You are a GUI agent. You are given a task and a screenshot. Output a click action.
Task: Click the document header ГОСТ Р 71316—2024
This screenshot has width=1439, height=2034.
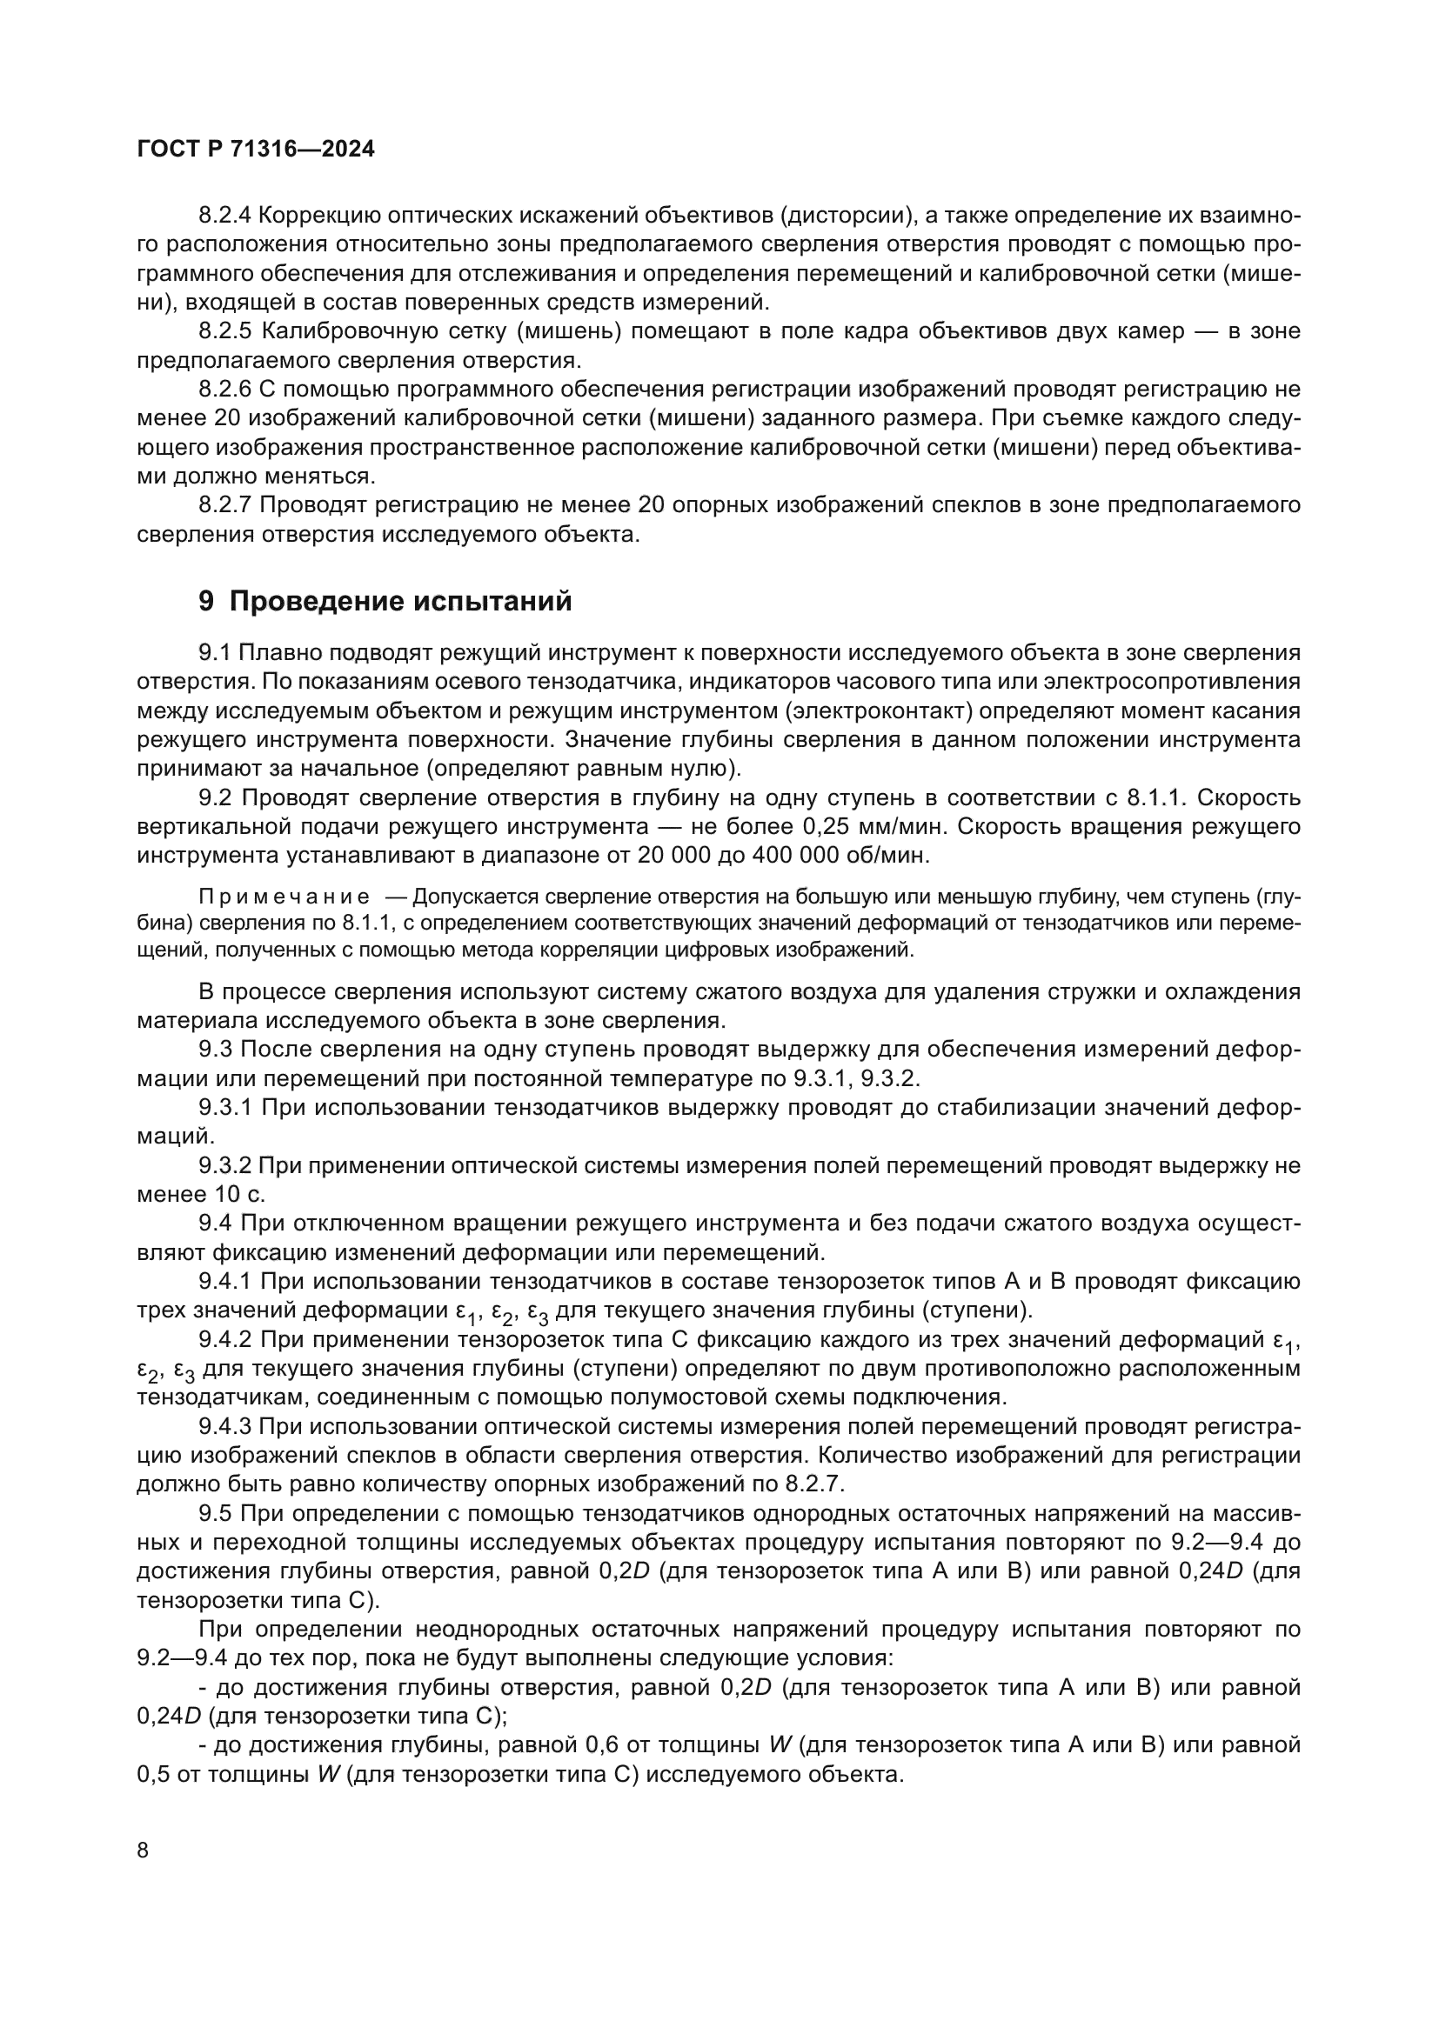pos(256,149)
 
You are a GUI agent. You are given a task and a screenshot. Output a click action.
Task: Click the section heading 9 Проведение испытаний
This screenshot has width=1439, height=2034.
pos(385,602)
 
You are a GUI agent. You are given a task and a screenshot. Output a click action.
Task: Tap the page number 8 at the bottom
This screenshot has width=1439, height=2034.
pos(143,1851)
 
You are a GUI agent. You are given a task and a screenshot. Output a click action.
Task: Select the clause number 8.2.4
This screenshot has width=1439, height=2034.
pos(225,216)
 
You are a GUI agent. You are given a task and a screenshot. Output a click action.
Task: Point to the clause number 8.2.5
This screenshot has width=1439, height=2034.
pos(225,331)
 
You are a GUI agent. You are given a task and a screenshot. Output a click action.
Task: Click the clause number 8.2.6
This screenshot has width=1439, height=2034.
pos(225,390)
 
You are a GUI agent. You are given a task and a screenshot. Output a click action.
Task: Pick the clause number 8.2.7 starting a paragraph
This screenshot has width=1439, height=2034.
pos(225,506)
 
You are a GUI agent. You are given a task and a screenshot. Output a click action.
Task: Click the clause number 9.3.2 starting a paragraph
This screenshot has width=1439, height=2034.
pos(225,1166)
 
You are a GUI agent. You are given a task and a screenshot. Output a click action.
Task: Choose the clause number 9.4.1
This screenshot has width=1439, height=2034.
pos(225,1282)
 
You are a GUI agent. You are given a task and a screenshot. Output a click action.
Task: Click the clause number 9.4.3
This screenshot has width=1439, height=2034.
pos(225,1426)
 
